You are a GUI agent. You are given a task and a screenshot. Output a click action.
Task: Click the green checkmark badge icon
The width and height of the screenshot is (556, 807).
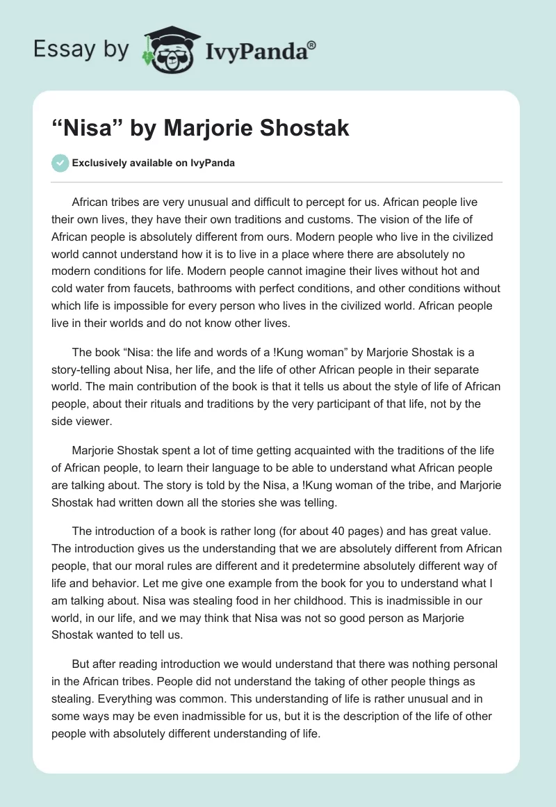(x=60, y=163)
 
